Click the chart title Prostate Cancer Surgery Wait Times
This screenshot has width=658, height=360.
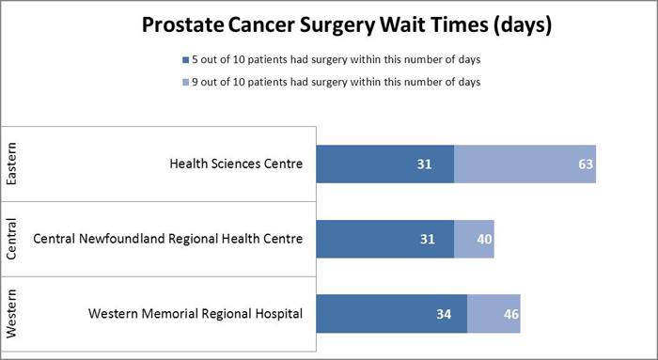[345, 24]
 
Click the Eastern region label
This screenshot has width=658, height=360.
[12, 164]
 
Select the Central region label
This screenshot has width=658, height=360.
[12, 239]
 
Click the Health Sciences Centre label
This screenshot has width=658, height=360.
[236, 164]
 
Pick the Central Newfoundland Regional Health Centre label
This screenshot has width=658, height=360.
[168, 239]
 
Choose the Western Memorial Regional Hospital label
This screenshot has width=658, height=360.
[196, 313]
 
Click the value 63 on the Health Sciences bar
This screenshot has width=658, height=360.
[586, 164]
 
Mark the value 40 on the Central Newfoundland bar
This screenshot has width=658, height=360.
[483, 239]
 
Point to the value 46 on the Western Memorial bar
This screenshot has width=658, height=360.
[509, 314]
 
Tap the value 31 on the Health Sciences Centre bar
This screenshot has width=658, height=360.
[425, 164]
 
